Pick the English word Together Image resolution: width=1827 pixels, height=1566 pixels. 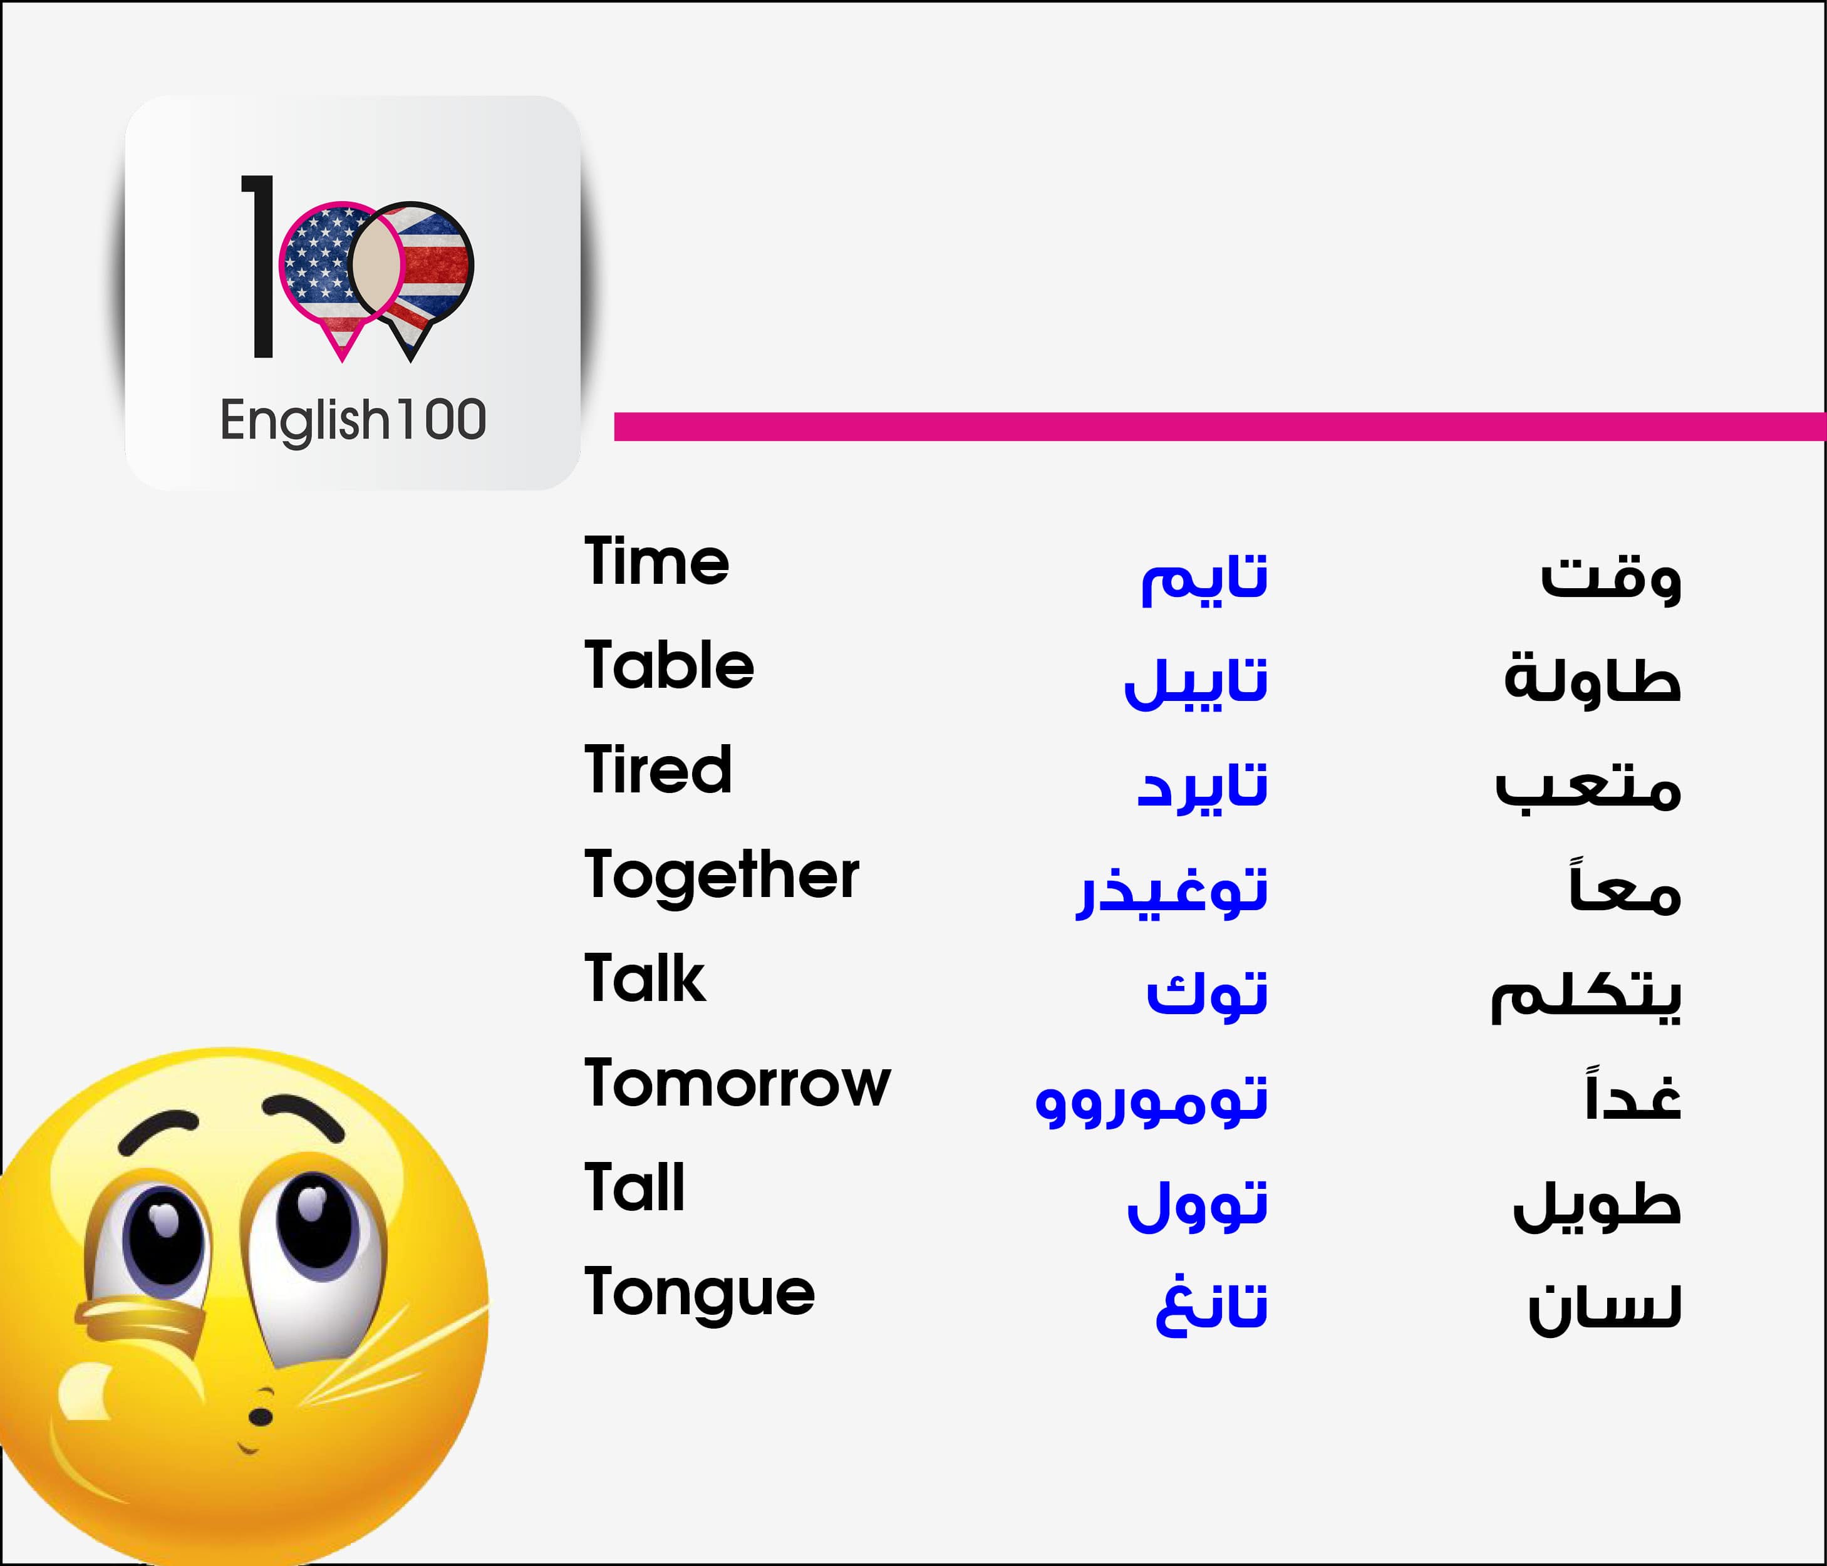[x=722, y=876]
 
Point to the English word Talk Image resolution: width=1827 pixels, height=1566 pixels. [x=644, y=978]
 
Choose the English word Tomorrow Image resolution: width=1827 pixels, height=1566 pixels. [x=737, y=1083]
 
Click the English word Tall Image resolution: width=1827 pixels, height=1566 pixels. [x=634, y=1187]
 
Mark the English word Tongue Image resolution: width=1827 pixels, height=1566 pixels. [x=699, y=1294]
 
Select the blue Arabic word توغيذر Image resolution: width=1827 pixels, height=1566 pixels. [x=1171, y=891]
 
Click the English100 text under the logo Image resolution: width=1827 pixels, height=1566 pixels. [x=353, y=420]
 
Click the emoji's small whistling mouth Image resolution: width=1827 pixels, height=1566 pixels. [x=260, y=1417]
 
